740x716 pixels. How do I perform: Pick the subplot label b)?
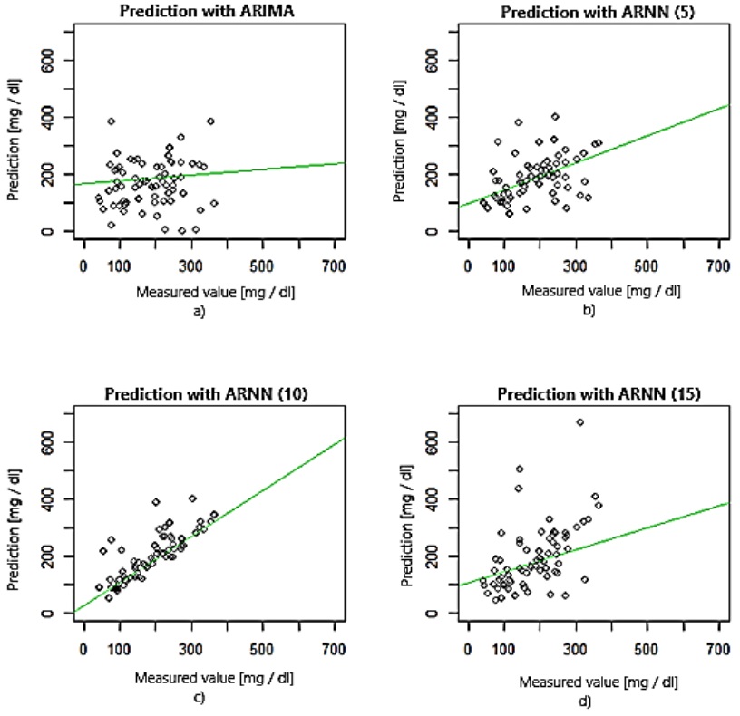point(588,310)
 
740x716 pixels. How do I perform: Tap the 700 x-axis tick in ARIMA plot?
point(334,267)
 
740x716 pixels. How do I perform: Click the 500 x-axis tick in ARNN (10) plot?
point(262,649)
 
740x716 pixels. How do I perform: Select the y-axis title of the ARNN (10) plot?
point(14,528)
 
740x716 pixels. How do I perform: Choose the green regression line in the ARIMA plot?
point(227,172)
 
